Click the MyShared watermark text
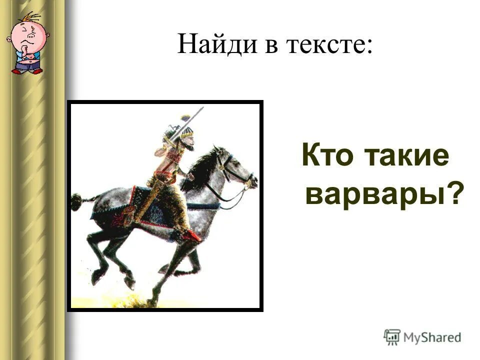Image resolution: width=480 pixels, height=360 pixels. coord(432,337)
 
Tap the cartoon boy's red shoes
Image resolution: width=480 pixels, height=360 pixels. coord(27,71)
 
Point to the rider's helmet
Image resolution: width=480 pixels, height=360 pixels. coord(186,131)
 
